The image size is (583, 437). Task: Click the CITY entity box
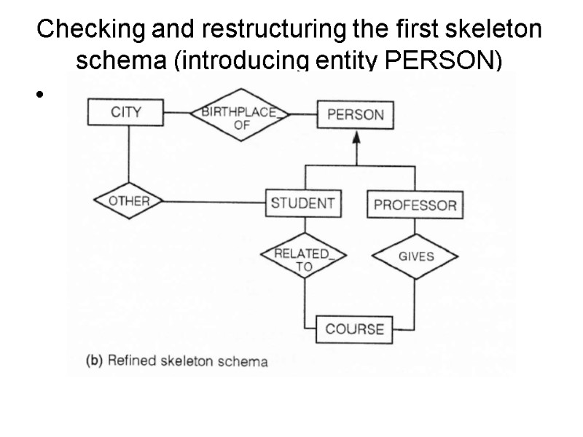point(126,113)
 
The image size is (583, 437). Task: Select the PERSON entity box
point(355,115)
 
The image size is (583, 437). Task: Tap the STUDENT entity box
point(302,203)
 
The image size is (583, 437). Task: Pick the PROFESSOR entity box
point(415,205)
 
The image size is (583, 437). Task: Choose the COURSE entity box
point(354,329)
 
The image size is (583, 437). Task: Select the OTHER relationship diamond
point(128,202)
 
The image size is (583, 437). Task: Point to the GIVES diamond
point(415,256)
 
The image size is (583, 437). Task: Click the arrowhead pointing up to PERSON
point(356,138)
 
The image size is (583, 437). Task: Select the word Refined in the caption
point(132,361)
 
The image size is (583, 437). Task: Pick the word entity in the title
point(343,61)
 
